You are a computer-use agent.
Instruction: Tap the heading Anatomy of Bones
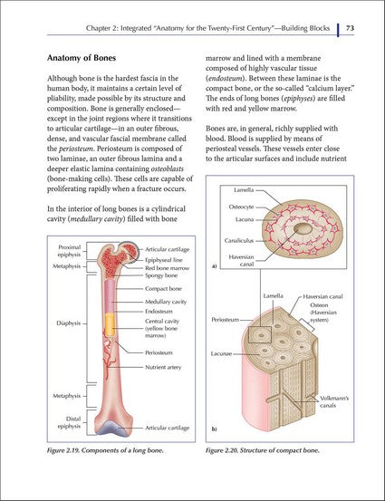point(88,57)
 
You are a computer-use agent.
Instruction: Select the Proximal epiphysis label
point(70,250)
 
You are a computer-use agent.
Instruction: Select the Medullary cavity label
point(166,302)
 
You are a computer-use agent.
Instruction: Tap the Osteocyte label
point(240,206)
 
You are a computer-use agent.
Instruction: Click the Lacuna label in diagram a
point(242,219)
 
